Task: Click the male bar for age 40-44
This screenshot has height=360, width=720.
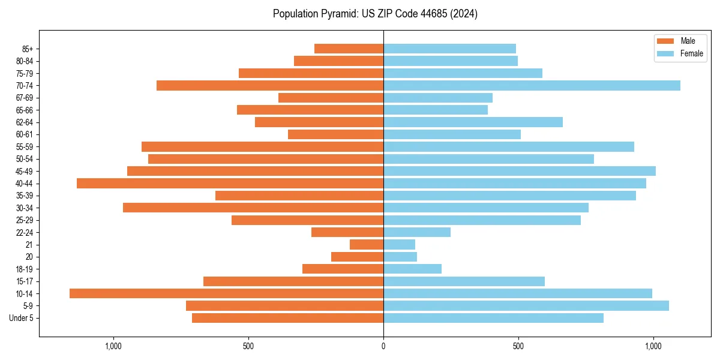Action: pos(230,184)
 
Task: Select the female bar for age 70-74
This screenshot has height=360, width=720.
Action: pos(532,86)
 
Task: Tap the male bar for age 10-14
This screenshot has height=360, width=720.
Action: pos(226,293)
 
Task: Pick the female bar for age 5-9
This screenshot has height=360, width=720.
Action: pos(526,306)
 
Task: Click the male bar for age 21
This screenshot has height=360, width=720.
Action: pos(367,245)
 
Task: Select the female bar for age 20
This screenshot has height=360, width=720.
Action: pos(400,257)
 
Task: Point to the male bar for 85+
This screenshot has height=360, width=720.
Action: pos(349,49)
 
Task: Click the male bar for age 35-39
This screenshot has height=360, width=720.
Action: pos(299,196)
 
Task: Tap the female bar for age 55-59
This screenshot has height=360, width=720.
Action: pos(509,147)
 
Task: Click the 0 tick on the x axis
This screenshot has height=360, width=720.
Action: pos(383,346)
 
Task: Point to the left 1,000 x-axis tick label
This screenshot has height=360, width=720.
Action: pos(113,346)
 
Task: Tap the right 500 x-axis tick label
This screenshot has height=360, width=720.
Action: pos(518,346)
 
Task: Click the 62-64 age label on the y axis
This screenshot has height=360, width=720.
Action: pos(25,122)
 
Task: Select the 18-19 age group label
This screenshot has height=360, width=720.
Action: pos(25,269)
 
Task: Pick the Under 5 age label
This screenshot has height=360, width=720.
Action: pos(22,318)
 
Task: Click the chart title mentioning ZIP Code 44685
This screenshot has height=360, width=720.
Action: pos(375,14)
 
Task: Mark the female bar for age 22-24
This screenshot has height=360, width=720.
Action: pos(417,232)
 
